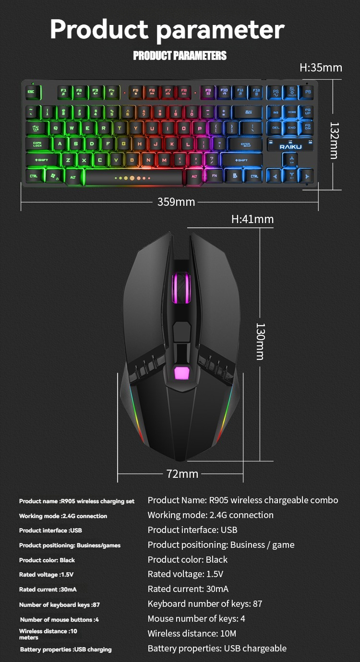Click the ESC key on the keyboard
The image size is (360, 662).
[32, 92]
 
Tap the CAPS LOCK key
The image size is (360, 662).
[38, 144]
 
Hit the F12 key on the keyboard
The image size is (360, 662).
[256, 92]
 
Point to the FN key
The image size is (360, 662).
[215, 176]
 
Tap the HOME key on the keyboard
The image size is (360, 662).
[292, 113]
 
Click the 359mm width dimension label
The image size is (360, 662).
[176, 202]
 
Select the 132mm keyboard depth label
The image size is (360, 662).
[334, 140]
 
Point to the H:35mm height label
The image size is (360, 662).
[321, 68]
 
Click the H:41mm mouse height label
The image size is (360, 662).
[252, 219]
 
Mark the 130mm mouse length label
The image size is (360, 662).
[260, 341]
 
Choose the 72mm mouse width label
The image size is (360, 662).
[182, 474]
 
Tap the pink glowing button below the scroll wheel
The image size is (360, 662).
[180, 373]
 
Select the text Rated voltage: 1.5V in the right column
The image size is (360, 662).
[185, 574]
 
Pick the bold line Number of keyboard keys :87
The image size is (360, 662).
[60, 605]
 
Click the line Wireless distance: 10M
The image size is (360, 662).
[192, 633]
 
